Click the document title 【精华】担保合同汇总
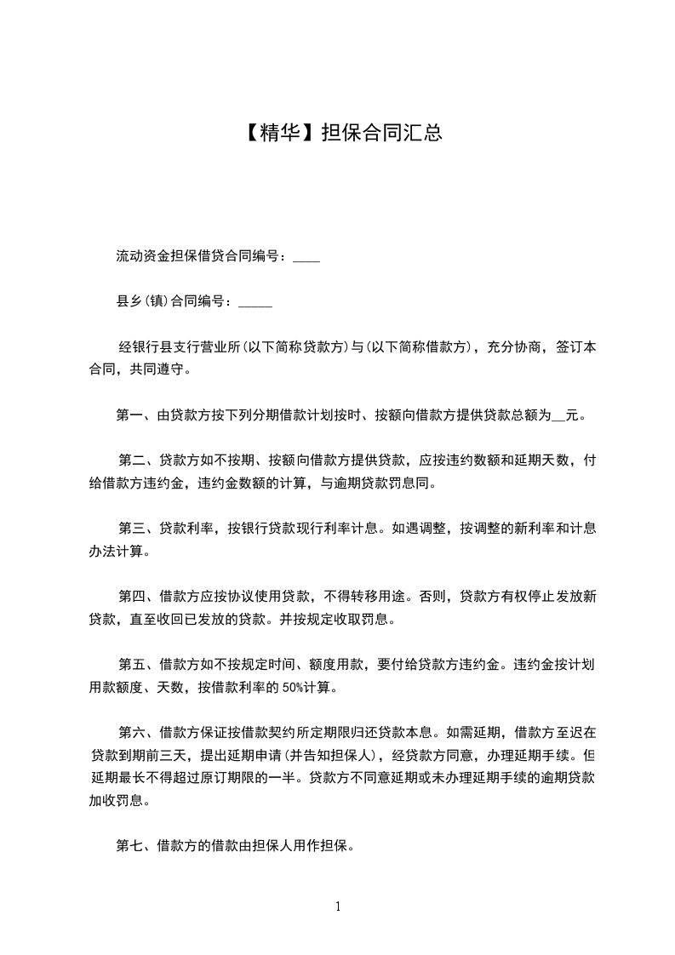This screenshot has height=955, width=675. click(x=338, y=133)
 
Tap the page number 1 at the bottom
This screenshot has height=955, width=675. click(x=338, y=906)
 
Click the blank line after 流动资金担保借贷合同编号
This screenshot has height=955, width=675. click(x=306, y=257)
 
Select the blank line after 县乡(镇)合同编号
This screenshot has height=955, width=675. click(x=256, y=301)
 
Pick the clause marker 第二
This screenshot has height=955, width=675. click(x=132, y=461)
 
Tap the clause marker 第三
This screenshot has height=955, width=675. click(x=132, y=528)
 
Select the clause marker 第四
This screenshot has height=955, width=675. click(x=132, y=596)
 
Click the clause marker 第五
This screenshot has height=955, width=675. click(x=132, y=664)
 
